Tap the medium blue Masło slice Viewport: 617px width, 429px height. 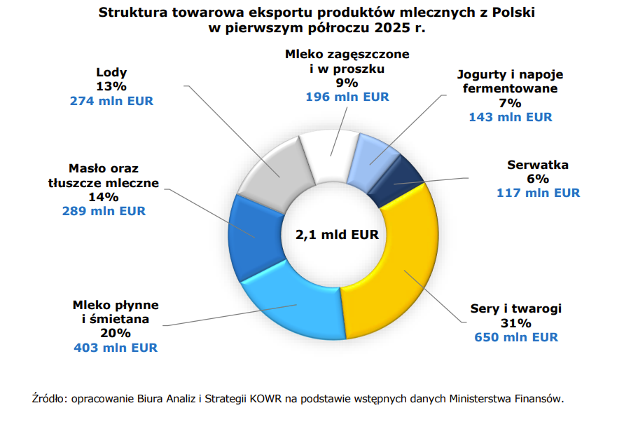(x=252, y=235)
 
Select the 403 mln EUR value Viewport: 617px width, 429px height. (x=116, y=347)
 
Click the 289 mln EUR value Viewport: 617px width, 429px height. (x=104, y=211)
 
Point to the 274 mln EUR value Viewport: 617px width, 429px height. (x=111, y=101)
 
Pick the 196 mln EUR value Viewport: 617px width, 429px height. (x=347, y=97)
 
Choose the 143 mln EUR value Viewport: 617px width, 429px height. (x=510, y=117)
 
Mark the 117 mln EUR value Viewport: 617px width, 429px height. (x=538, y=193)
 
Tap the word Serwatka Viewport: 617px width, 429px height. (x=538, y=165)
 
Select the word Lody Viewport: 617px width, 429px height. (x=111, y=72)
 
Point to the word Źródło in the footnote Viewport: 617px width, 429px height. (x=48, y=398)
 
